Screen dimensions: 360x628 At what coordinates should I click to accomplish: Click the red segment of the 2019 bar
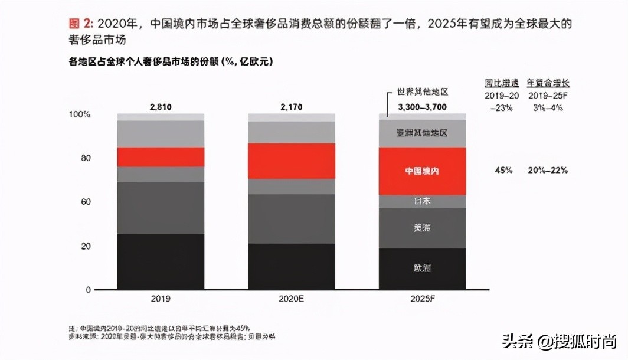(x=161, y=156)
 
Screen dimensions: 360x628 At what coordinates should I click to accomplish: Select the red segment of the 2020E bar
(x=291, y=161)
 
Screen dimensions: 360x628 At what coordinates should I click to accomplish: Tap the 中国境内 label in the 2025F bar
(x=422, y=171)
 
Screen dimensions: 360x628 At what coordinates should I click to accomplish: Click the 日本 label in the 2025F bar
(x=422, y=201)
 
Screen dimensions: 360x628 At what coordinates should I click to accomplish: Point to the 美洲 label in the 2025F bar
(x=422, y=228)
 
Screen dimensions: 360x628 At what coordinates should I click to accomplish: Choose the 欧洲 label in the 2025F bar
(x=422, y=268)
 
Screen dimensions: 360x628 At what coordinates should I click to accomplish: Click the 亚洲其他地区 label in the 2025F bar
(x=422, y=133)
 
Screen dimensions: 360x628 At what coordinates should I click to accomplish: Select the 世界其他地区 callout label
(x=423, y=93)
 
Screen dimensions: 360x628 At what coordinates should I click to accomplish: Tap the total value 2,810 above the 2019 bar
(x=161, y=107)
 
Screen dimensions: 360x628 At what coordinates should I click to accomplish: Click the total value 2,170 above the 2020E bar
(x=291, y=107)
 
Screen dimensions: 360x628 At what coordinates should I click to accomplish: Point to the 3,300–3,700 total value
(x=423, y=107)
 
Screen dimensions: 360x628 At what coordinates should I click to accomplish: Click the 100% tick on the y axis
(x=80, y=114)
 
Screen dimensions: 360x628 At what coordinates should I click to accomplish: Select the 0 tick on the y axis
(x=89, y=290)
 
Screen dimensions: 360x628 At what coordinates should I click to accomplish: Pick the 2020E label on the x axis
(x=291, y=299)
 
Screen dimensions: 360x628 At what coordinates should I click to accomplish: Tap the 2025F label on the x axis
(x=422, y=299)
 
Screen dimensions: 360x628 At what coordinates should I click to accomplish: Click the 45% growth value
(x=503, y=170)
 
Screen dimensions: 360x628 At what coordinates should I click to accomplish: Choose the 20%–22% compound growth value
(x=548, y=170)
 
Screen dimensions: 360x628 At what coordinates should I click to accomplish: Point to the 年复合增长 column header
(x=548, y=83)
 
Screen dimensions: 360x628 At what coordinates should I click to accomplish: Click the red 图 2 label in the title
(x=81, y=24)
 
